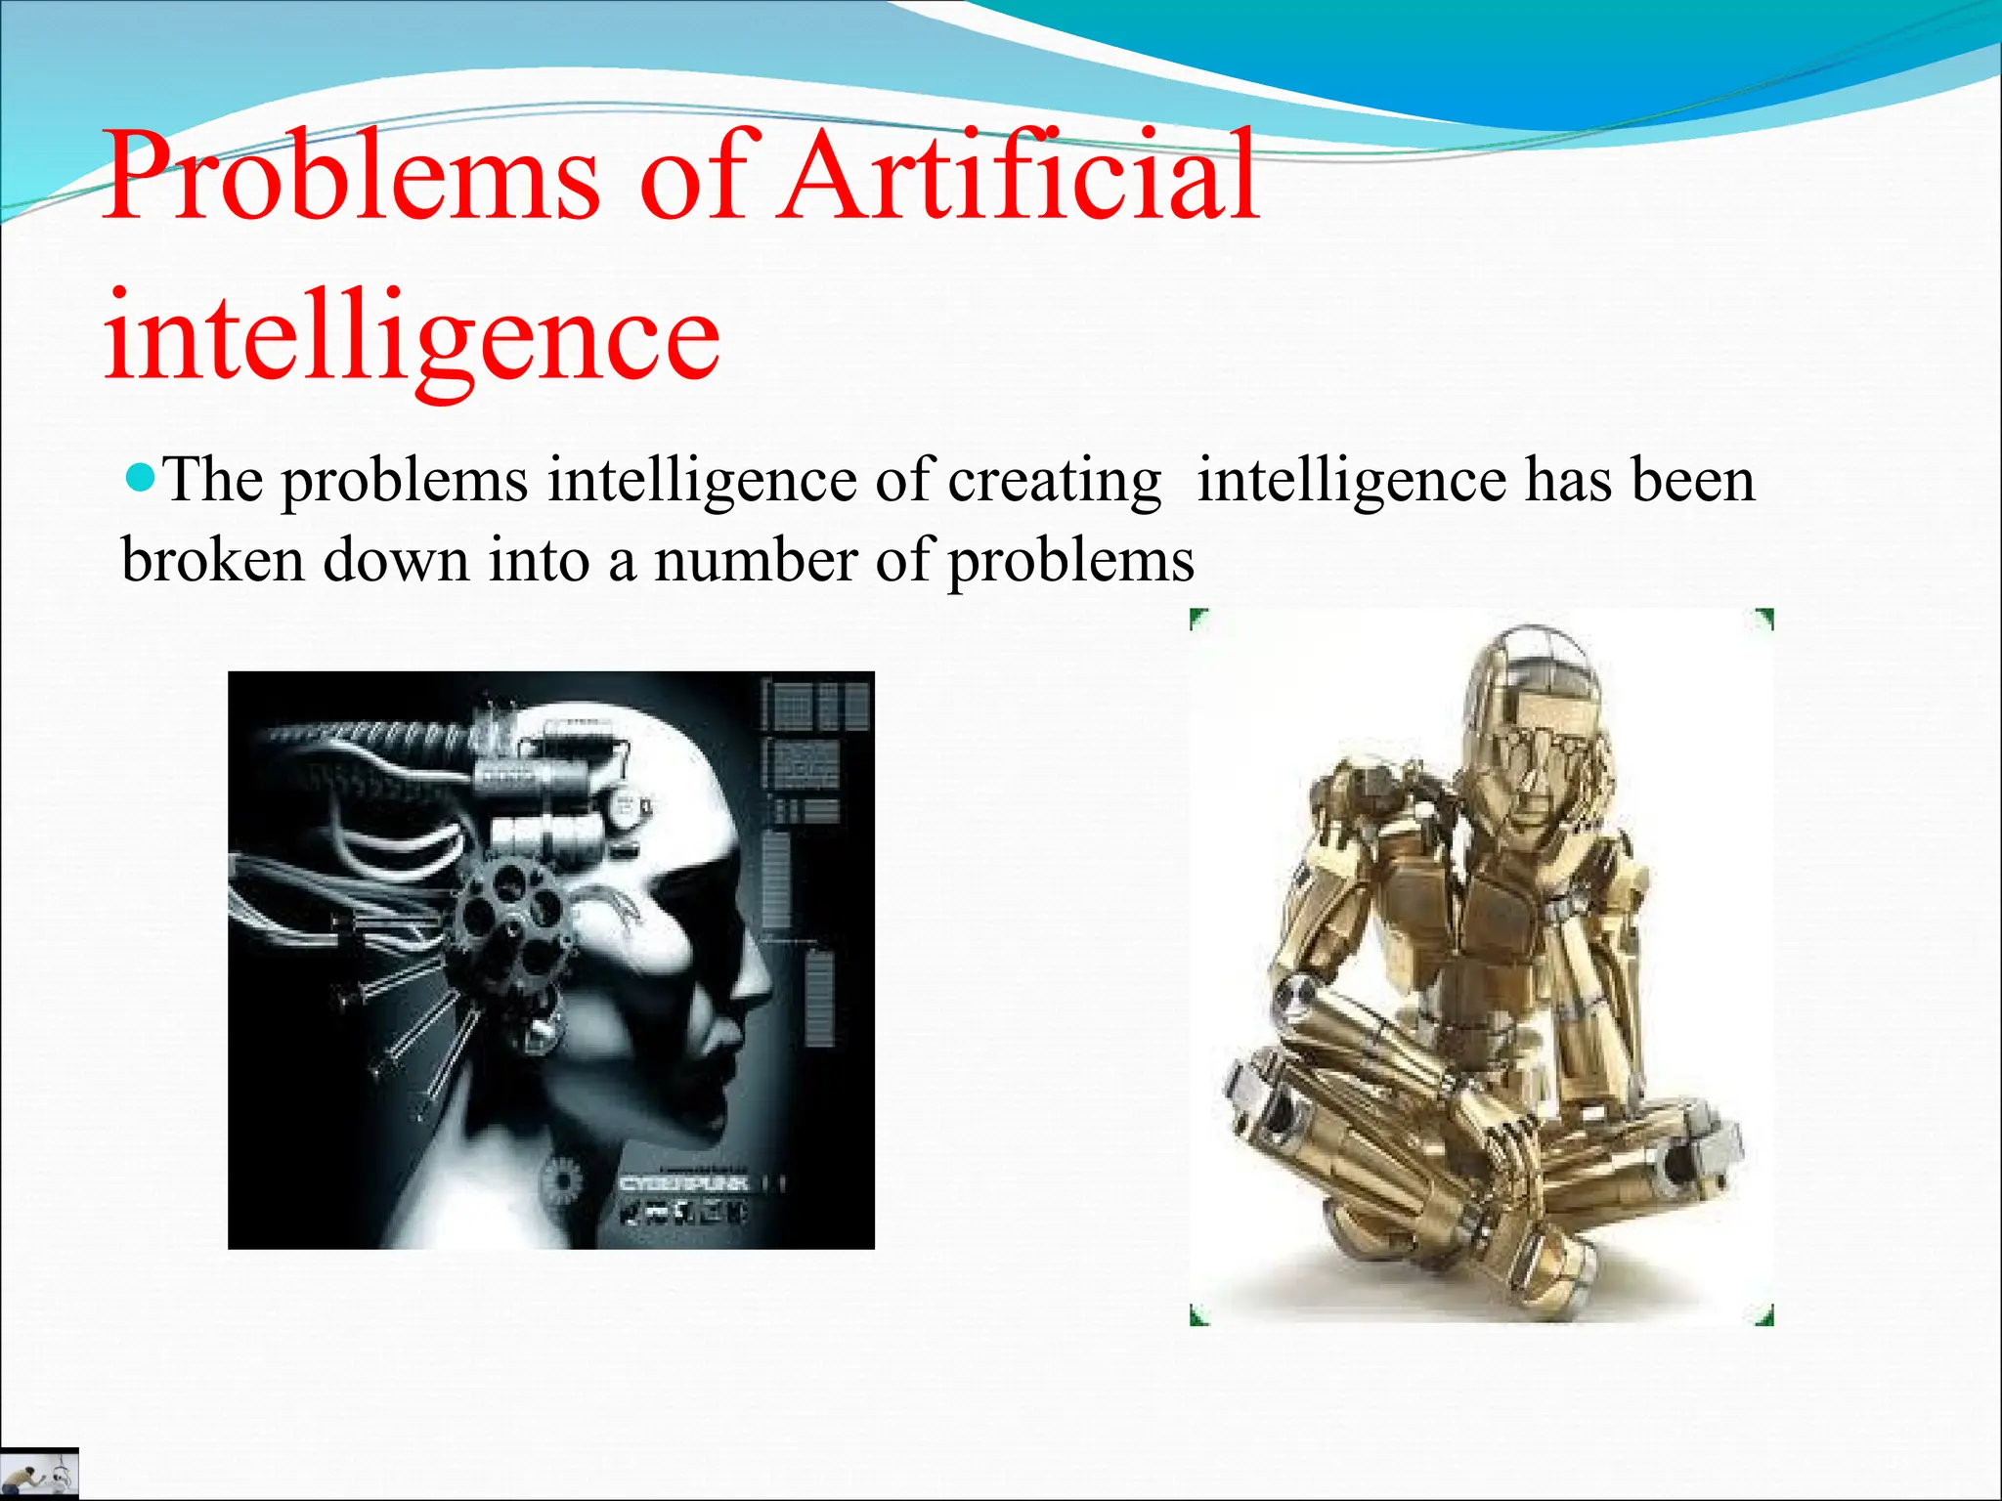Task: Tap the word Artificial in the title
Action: (x=1022, y=176)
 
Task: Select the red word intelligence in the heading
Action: (x=411, y=337)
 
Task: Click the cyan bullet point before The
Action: (x=142, y=479)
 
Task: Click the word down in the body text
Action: (x=396, y=561)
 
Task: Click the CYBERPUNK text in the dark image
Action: (x=684, y=1183)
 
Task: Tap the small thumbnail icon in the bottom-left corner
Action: (x=39, y=1474)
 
